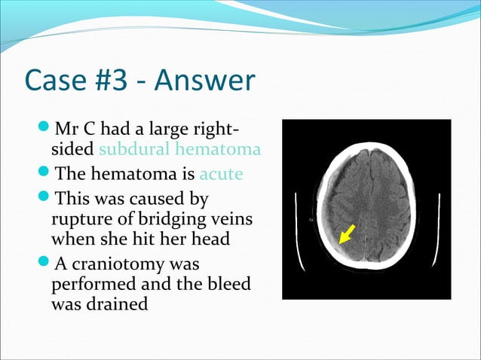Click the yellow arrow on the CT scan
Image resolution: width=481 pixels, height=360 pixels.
(346, 234)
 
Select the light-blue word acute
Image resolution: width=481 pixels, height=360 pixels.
(221, 174)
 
